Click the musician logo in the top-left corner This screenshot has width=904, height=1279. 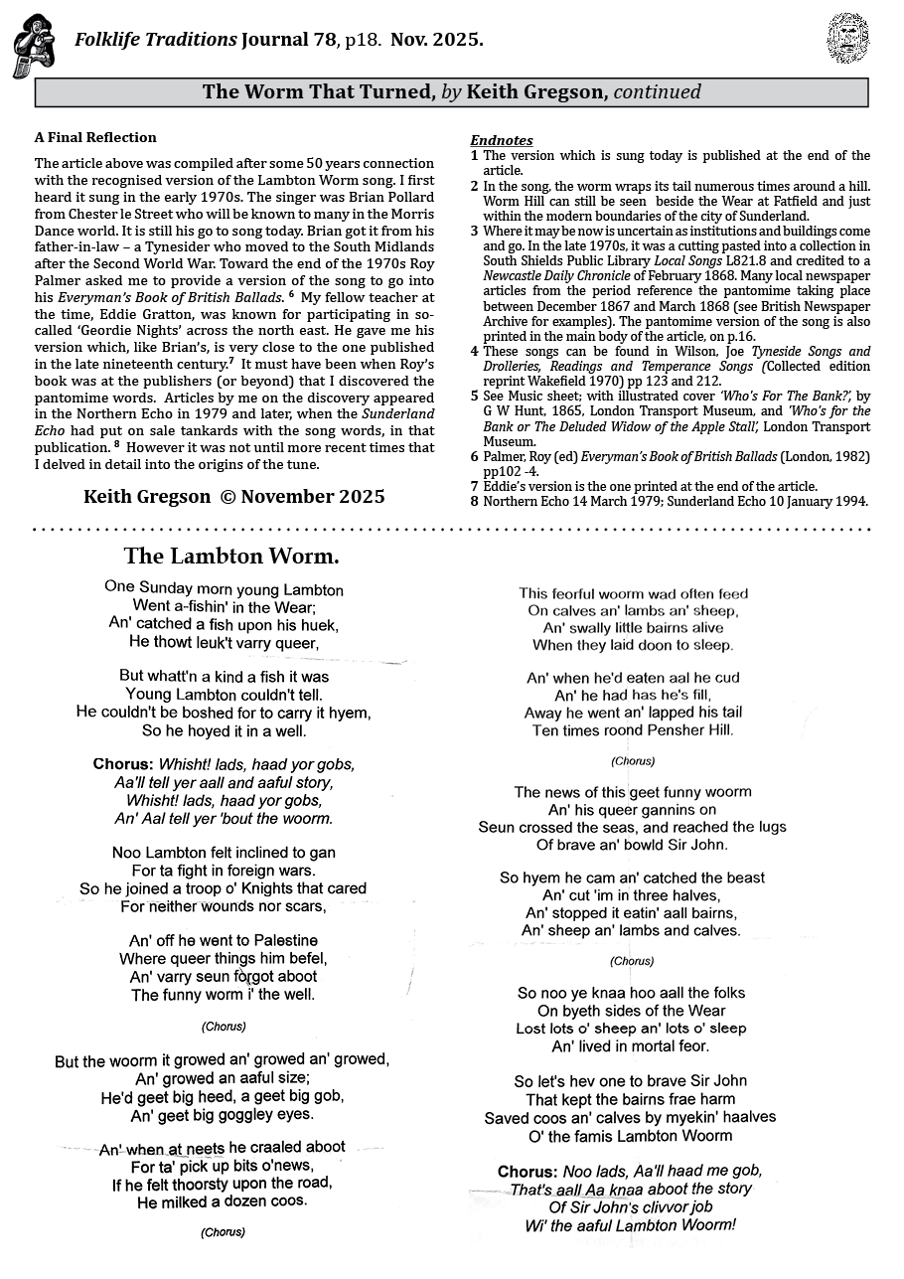click(33, 46)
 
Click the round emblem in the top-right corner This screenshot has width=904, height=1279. click(847, 38)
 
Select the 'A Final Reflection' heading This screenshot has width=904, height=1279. click(95, 137)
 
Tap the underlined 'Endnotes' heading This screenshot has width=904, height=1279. click(501, 140)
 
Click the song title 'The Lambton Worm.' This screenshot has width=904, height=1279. click(231, 555)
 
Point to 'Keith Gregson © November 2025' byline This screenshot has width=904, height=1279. click(233, 496)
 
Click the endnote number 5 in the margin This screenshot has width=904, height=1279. click(474, 396)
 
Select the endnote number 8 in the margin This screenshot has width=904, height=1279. click(474, 501)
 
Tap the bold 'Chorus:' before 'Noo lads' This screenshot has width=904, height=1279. click(527, 1171)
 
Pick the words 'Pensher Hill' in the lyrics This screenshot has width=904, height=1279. click(689, 729)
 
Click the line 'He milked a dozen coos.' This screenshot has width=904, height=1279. click(222, 1200)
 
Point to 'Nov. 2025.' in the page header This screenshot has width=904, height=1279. click(437, 40)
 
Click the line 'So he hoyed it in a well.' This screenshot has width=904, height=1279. click(224, 730)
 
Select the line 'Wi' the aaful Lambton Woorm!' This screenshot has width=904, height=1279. click(630, 1224)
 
